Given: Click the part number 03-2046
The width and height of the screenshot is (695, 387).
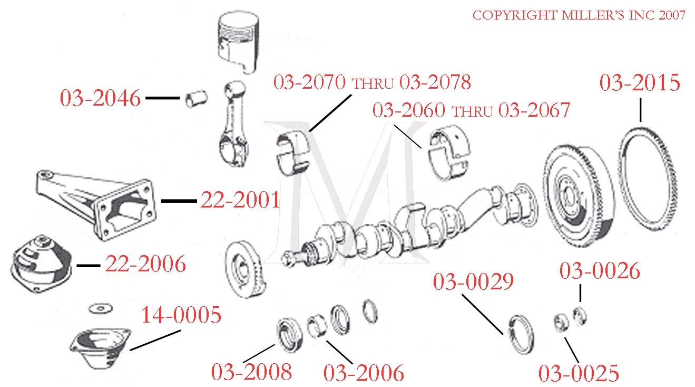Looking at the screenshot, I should [x=100, y=98].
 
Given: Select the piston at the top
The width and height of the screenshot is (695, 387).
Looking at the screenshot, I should [x=240, y=43].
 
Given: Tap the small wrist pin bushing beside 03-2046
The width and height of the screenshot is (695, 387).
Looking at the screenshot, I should [x=197, y=99].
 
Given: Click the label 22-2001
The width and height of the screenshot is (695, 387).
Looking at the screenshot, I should [x=240, y=201].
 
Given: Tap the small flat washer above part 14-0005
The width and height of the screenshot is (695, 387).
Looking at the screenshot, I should [x=98, y=308].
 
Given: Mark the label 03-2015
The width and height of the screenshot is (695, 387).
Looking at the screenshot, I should [x=640, y=83].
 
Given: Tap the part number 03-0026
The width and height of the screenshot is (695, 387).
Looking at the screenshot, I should [x=600, y=271].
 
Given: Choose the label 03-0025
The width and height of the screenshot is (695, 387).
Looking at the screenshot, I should [x=578, y=373].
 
